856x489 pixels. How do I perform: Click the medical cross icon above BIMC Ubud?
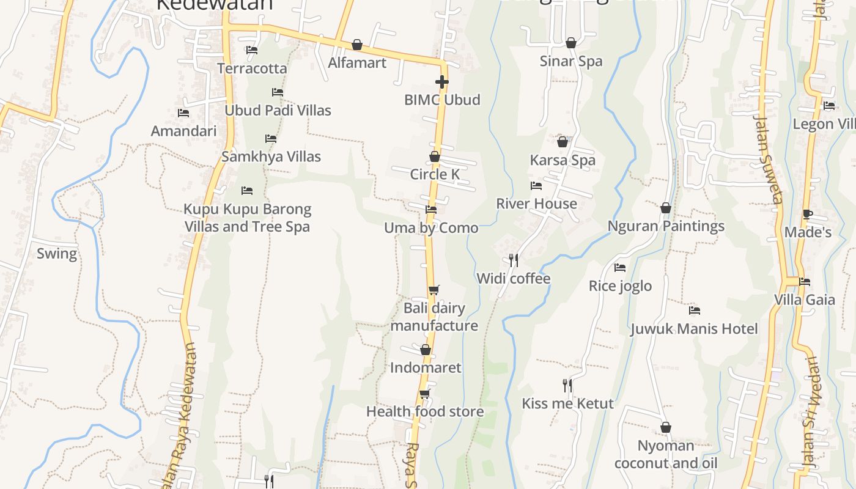pos(441,81)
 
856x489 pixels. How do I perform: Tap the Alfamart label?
pos(357,62)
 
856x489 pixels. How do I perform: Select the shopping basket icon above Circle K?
pos(434,156)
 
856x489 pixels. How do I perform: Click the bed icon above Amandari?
pos(183,113)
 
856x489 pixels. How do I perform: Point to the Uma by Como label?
pos(431,228)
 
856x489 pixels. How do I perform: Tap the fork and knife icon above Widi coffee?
pos(514,260)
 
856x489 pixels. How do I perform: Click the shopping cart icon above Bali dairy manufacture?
pos(434,290)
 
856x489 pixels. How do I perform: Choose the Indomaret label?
pos(426,367)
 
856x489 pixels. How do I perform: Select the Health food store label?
pos(425,411)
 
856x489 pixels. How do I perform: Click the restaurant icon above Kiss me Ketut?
pos(567,385)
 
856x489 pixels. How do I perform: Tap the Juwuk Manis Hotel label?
pos(694,329)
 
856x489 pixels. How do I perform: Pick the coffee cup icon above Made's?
pos(807,214)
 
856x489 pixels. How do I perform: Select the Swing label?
pos(57,254)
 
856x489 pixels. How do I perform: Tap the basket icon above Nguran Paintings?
pos(666,208)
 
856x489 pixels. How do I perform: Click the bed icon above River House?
pos(536,186)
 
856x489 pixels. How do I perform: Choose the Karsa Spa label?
pos(563,160)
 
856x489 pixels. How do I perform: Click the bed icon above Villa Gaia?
pos(805,282)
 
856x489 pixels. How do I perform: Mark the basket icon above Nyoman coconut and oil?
pos(666,427)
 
